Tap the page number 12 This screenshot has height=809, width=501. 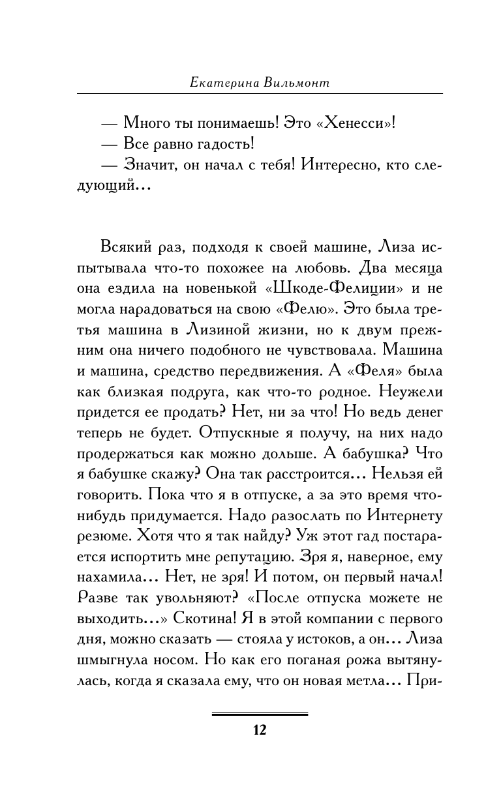[x=260, y=729]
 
